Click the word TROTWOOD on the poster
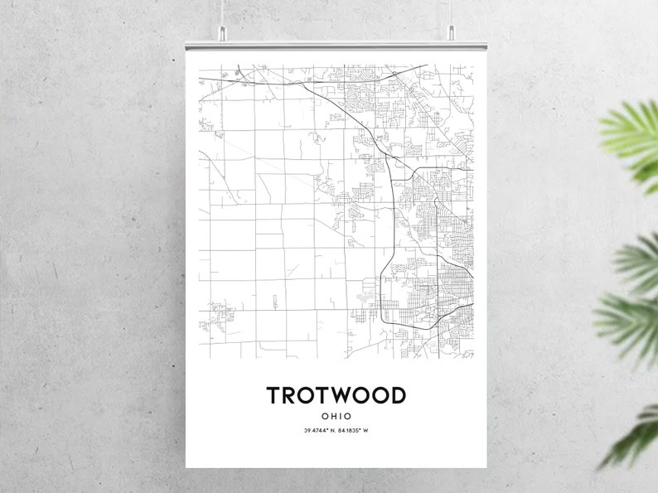[x=336, y=395]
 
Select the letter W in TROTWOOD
[x=344, y=395]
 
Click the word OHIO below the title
[x=336, y=416]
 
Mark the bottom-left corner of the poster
[x=186, y=466]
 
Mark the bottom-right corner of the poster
[x=486, y=466]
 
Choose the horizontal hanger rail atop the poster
[x=336, y=38]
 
